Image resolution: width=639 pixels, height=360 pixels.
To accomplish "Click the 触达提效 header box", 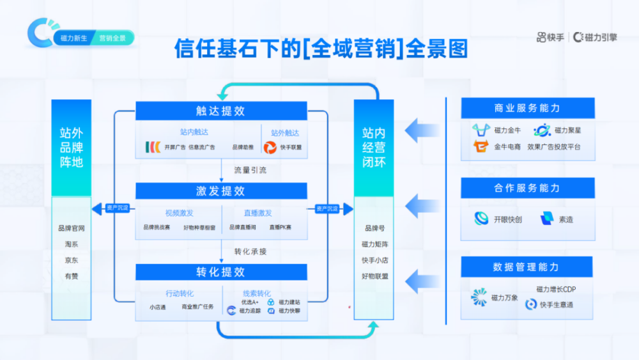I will (x=220, y=111).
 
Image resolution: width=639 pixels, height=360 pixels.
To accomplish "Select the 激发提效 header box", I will (x=220, y=191).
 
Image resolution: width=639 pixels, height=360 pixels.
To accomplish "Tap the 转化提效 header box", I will (x=220, y=272).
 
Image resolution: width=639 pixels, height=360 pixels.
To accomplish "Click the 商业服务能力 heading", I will (x=527, y=108).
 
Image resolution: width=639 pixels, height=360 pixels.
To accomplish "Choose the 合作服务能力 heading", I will (x=527, y=188).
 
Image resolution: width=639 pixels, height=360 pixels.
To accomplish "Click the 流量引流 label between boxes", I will (x=250, y=170).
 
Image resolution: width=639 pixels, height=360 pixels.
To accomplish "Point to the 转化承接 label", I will (x=250, y=251).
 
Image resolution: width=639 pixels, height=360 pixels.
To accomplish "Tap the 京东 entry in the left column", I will (x=71, y=260).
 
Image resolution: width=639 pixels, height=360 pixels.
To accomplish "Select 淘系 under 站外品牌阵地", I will (x=71, y=244).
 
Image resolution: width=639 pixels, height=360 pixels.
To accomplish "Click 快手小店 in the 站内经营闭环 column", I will (x=374, y=260).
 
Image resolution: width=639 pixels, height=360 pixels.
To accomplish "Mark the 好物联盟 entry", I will (x=374, y=276).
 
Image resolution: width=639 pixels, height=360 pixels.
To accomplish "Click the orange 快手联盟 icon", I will (x=270, y=147).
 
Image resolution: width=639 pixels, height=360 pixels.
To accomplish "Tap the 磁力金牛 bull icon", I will (x=481, y=130).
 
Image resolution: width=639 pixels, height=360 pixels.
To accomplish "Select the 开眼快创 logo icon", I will (x=481, y=219).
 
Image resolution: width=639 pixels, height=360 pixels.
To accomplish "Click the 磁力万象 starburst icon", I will (x=479, y=297).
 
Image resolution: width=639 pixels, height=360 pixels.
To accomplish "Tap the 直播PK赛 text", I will (x=279, y=227).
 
